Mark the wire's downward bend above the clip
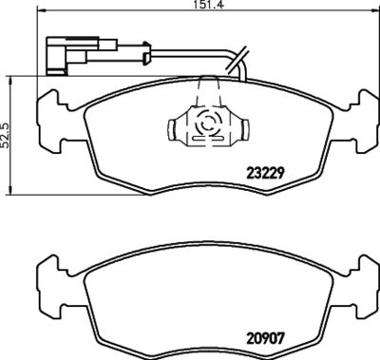[241, 66]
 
